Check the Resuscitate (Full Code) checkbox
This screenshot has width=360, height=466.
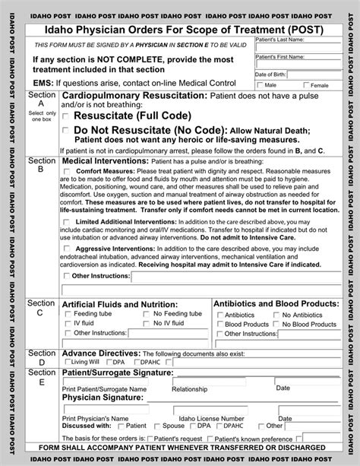tap(66, 116)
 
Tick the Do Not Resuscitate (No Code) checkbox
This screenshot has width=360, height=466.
tap(66, 130)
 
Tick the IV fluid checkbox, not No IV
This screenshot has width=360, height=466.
tap(67, 323)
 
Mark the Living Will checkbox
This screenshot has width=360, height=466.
tap(66, 362)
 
